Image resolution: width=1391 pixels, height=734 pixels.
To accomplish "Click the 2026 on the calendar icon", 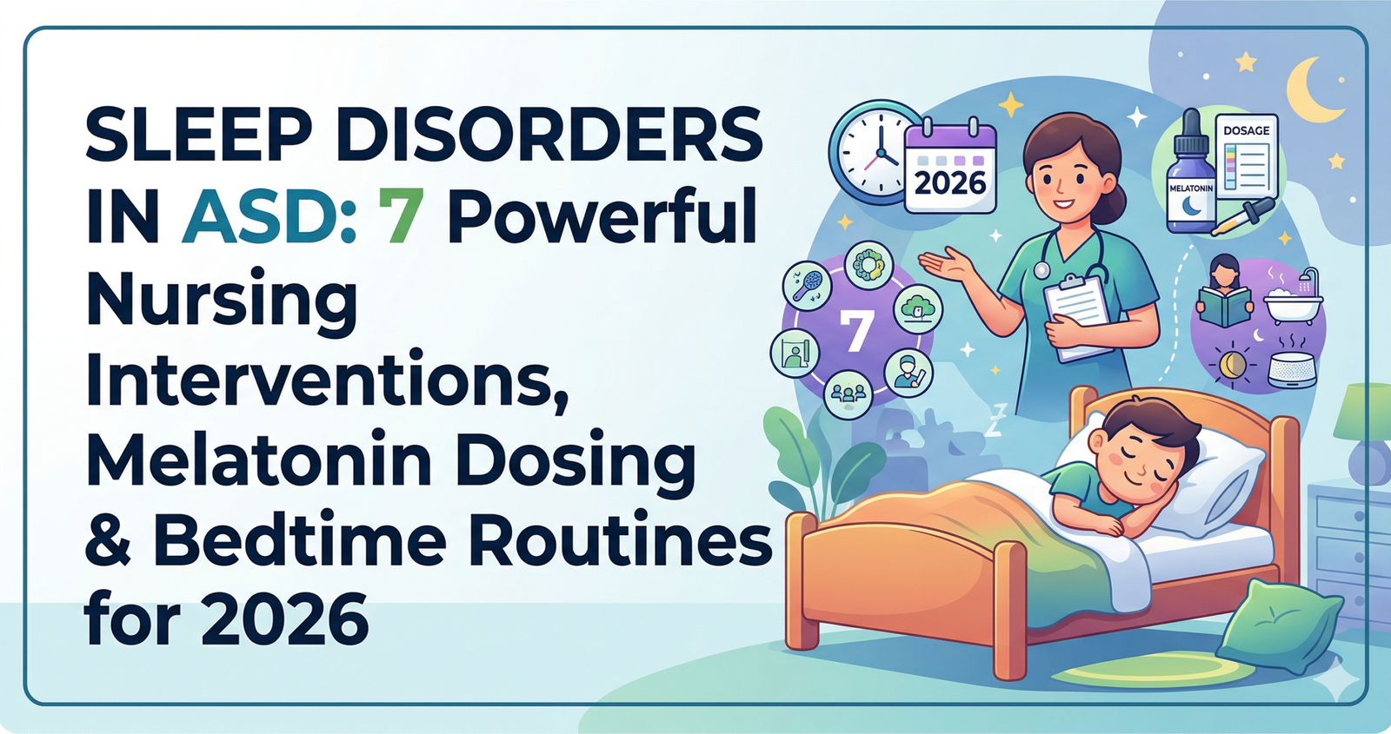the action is pos(950,182).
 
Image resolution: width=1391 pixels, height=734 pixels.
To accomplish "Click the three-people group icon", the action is pos(848,394).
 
